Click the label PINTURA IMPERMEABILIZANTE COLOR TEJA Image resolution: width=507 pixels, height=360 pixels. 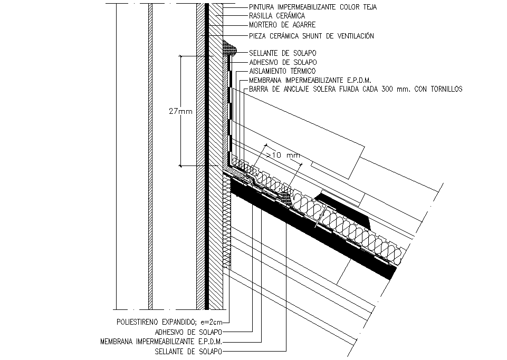313,7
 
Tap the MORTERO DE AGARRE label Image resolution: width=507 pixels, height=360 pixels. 282,25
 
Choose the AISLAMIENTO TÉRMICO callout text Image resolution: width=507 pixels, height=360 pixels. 282,71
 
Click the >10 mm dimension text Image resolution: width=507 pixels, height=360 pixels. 283,155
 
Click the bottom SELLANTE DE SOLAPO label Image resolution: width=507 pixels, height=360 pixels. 188,352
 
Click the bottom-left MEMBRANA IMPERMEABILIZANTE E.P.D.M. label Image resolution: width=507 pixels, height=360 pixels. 161,342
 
